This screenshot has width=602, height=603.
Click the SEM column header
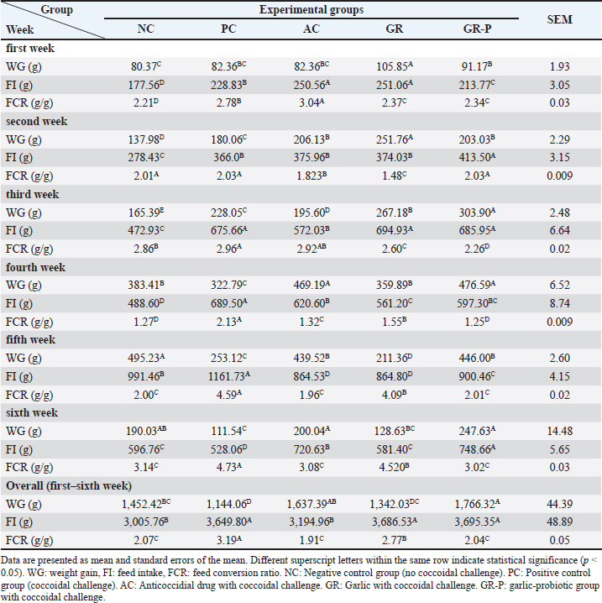coord(559,20)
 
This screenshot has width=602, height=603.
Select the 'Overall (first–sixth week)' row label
coord(68,486)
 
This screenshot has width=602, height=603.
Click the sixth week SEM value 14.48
coord(559,432)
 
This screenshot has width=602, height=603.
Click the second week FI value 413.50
coord(471,158)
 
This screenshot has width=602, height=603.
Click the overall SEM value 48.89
coord(559,523)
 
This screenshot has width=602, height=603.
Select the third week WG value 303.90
coord(471,212)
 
